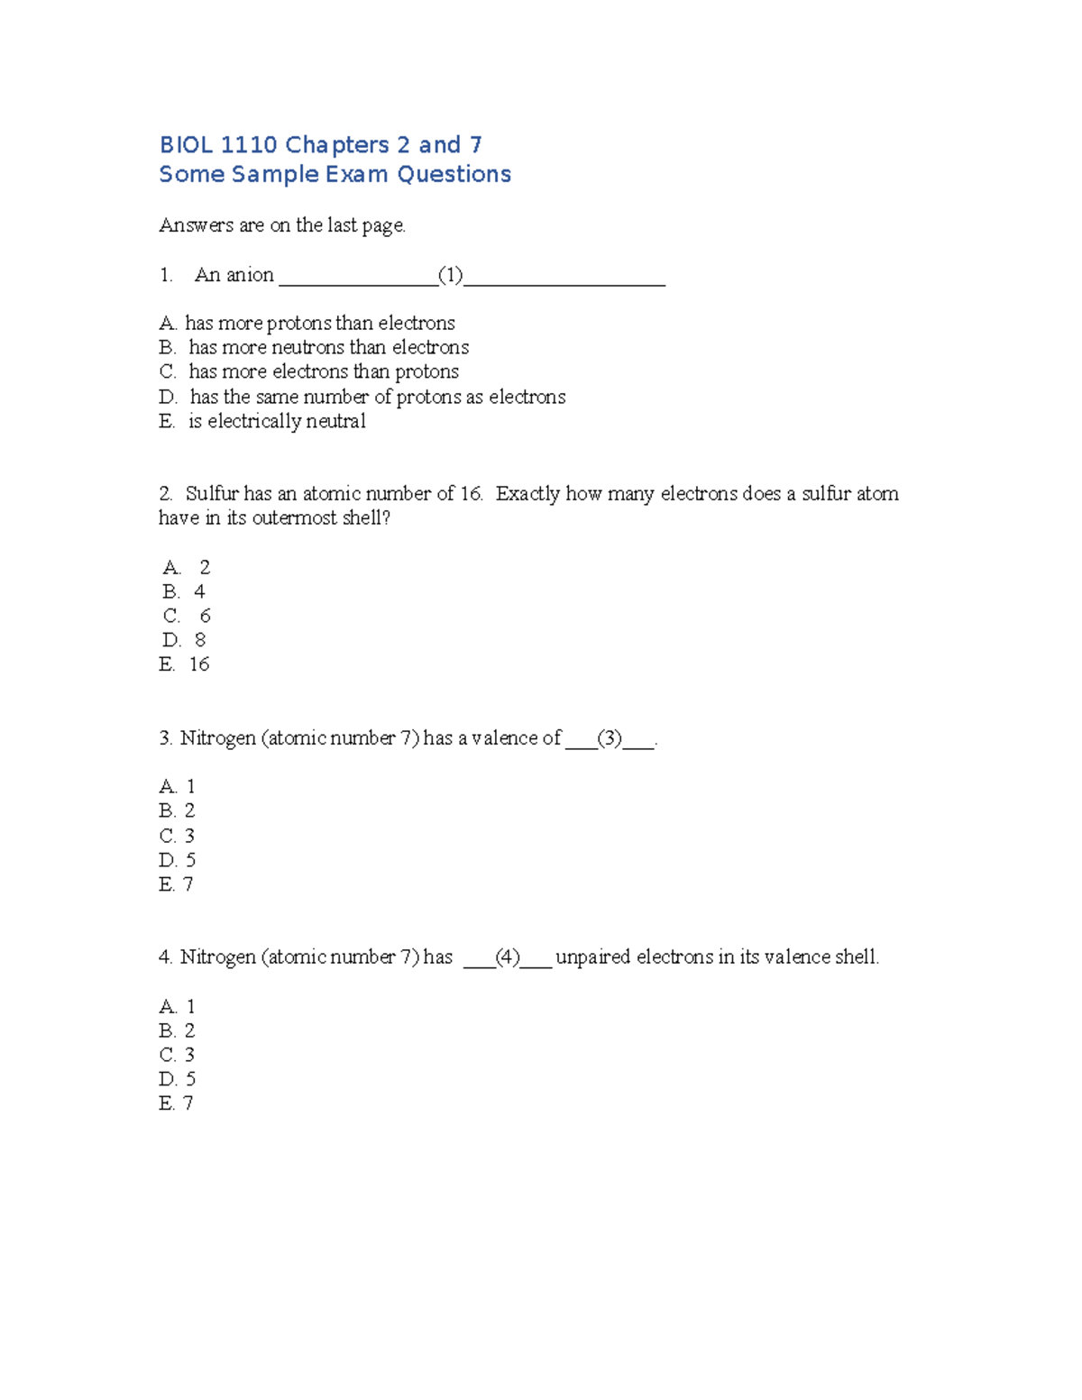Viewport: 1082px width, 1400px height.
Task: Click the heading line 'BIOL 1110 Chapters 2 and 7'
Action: tap(320, 145)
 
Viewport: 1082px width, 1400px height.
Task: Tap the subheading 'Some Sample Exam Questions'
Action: tap(335, 174)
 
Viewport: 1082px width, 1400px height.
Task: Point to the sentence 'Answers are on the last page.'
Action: tap(282, 225)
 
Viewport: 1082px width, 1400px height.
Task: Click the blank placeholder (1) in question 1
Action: tap(450, 275)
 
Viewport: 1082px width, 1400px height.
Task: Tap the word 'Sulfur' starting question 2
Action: tap(212, 493)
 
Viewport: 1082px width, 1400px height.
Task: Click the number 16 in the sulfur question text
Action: tap(471, 493)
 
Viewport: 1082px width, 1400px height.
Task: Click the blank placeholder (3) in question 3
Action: tap(610, 738)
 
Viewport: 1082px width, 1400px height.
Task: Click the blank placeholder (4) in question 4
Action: tap(508, 957)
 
